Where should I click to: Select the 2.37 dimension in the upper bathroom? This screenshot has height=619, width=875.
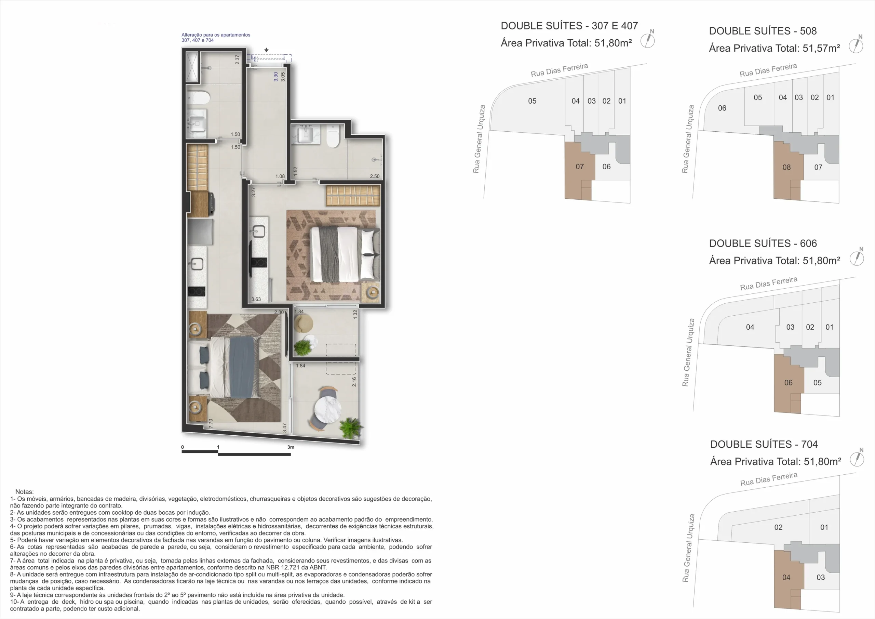(x=238, y=60)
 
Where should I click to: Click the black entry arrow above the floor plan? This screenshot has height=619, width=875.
(x=266, y=50)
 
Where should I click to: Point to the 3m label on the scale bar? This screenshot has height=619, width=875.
(x=291, y=447)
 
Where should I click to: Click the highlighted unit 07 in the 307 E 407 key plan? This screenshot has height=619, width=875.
(x=579, y=166)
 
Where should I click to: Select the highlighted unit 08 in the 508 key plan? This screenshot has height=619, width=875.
(x=786, y=167)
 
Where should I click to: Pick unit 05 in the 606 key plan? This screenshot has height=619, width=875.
(x=818, y=383)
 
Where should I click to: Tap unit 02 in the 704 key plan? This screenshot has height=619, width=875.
(x=778, y=527)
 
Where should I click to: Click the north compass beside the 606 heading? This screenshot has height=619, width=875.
(x=857, y=258)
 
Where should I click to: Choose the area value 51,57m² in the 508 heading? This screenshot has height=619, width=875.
(x=821, y=48)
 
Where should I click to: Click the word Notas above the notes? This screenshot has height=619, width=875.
(x=24, y=492)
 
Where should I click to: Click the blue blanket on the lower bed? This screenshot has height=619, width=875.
(x=242, y=367)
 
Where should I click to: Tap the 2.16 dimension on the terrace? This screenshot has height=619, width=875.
(x=354, y=382)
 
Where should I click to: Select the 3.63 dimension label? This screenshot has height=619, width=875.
(x=256, y=299)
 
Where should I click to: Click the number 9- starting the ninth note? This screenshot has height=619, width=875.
(x=13, y=595)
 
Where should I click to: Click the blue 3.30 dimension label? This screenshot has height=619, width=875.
(x=276, y=77)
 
